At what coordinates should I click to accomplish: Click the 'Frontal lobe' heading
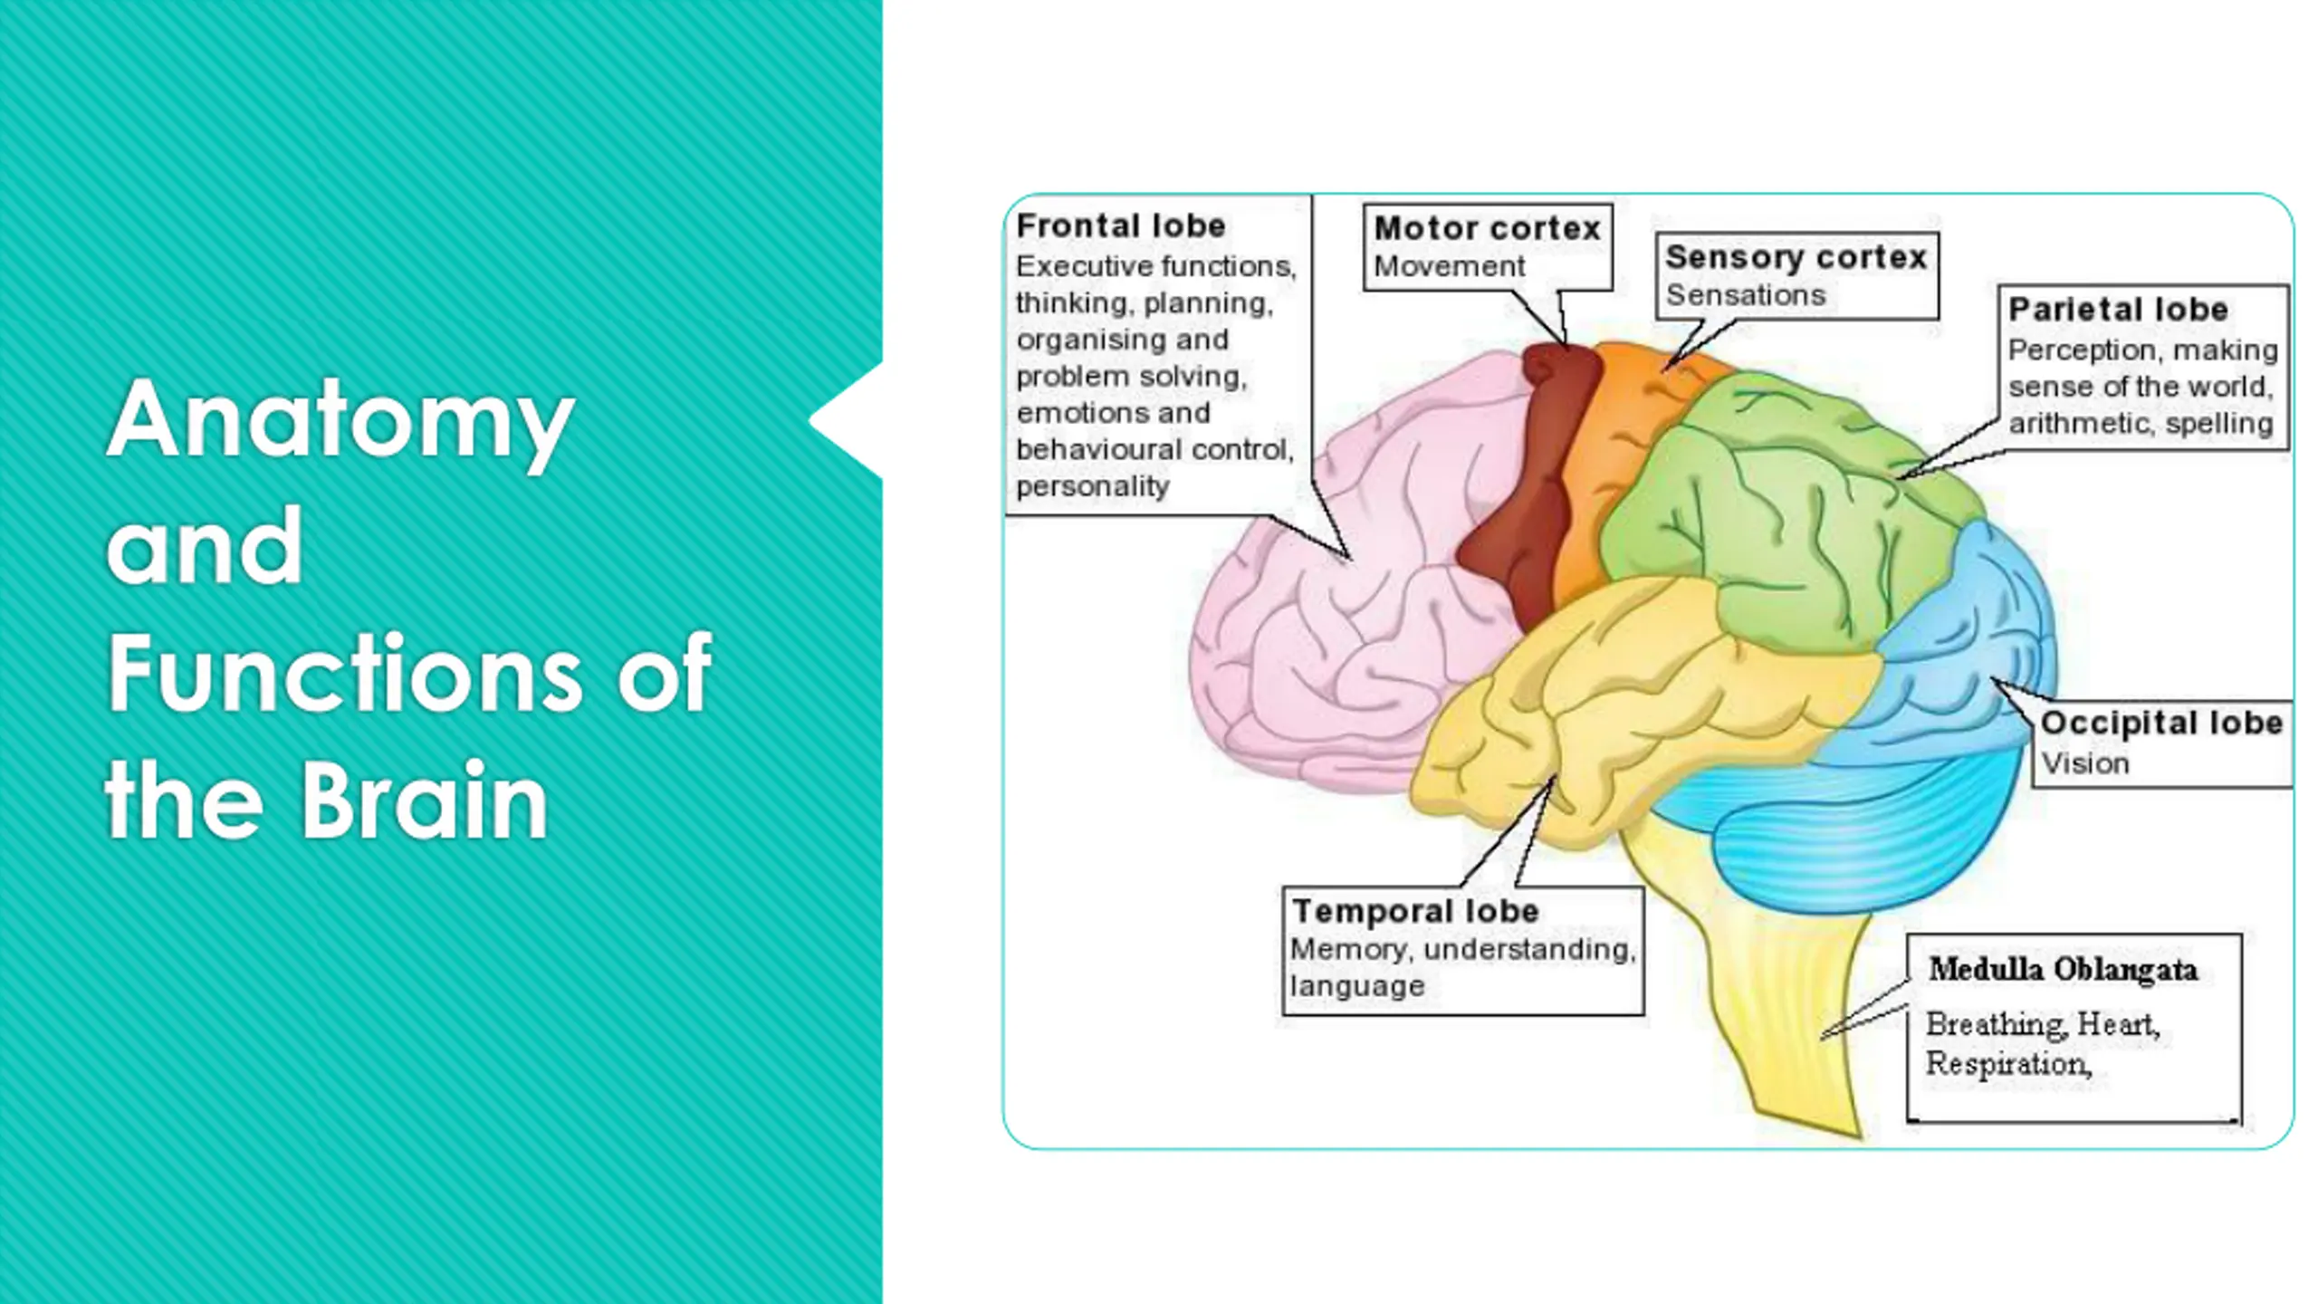point(1121,225)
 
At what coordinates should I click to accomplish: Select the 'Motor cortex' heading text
point(1487,228)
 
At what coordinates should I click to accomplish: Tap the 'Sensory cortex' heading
point(1796,257)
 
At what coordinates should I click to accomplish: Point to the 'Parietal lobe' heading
point(2118,310)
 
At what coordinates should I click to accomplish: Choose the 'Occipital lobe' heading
point(2161,723)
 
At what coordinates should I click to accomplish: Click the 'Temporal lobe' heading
point(1415,911)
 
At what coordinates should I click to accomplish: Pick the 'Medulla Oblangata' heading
point(2063,970)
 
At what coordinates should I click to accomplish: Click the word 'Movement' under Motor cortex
point(1449,267)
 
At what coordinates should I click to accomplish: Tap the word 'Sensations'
point(1745,295)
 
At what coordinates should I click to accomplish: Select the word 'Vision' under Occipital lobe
point(2085,763)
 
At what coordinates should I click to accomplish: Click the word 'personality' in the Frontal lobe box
point(1092,486)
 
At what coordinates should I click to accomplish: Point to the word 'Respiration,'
point(2008,1064)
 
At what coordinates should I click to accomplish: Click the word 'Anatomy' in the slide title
point(340,422)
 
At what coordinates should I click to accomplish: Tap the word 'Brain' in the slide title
point(424,801)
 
